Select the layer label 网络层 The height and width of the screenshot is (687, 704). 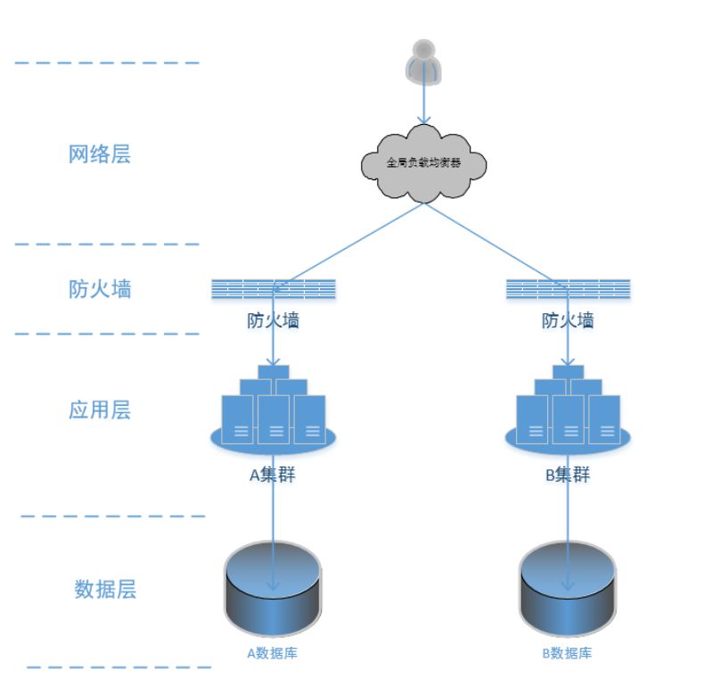pos(100,154)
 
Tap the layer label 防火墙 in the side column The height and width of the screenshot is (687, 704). pos(100,289)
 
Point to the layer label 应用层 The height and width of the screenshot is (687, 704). pos(100,410)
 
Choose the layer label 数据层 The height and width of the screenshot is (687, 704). pos(105,590)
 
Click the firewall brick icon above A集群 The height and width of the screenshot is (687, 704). pos(274,289)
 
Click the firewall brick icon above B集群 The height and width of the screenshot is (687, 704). pos(569,289)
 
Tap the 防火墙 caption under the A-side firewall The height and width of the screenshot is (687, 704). pos(274,320)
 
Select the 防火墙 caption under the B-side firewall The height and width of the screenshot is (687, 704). pos(569,320)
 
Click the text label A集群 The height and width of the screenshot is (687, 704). pos(272,475)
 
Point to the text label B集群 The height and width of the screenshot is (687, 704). pos(568,475)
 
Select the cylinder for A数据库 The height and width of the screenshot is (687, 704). pos(273,584)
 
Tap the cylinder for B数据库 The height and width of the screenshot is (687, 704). pos(568,584)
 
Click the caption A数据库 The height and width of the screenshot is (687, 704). pos(272,653)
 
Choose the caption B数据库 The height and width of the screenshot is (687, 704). pos(568,653)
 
